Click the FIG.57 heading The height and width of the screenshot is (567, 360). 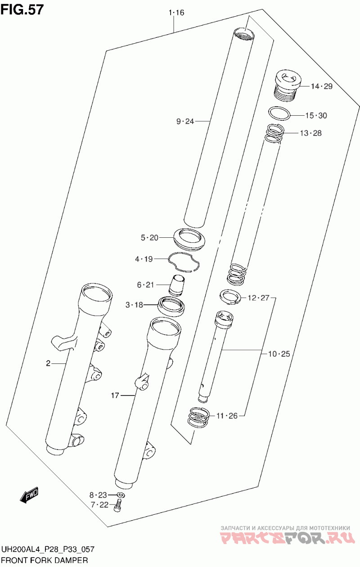[x=22, y=9]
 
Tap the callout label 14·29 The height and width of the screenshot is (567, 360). [x=322, y=86]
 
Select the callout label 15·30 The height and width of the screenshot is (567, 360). [x=316, y=115]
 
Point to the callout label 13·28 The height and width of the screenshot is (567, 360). [x=310, y=133]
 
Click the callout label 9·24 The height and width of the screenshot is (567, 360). [x=185, y=122]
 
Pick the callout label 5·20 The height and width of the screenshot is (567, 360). [x=149, y=238]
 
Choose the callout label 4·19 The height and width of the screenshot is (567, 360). [x=144, y=259]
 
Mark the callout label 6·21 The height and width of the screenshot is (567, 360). [x=145, y=285]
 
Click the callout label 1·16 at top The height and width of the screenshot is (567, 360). [x=176, y=13]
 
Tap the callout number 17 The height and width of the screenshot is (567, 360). [x=115, y=395]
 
